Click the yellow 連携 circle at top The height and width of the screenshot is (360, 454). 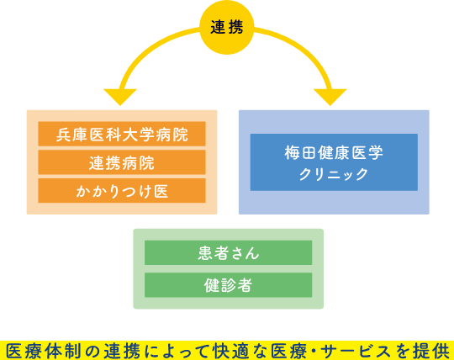[x=227, y=27]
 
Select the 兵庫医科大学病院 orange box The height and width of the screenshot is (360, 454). [x=122, y=134]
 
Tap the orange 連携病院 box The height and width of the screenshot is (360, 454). [x=122, y=161]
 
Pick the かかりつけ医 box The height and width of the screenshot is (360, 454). [x=122, y=190]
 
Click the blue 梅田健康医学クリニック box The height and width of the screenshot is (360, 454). [x=334, y=161]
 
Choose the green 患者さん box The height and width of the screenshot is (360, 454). [x=228, y=252]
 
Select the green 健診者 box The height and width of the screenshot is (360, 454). [x=228, y=283]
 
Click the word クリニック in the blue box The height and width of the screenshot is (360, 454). [x=334, y=174]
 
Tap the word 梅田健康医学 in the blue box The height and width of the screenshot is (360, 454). [x=334, y=152]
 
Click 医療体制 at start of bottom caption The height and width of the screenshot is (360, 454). [x=39, y=349]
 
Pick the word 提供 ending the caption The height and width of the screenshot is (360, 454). [x=430, y=349]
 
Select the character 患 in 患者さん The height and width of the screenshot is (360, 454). [x=206, y=252]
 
